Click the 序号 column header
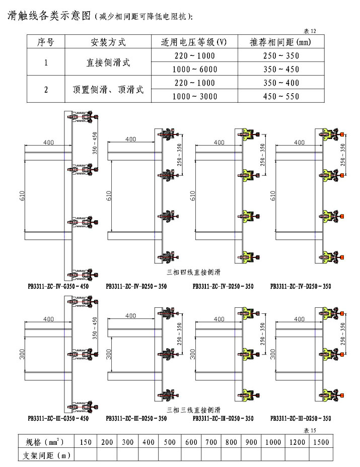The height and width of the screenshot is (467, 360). click(46, 42)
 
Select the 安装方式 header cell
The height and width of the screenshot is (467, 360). click(108, 42)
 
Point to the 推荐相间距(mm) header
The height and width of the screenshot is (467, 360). click(280, 42)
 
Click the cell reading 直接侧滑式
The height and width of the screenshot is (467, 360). click(108, 63)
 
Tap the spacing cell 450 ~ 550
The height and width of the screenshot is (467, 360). click(281, 97)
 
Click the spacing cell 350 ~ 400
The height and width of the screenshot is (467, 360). click(281, 83)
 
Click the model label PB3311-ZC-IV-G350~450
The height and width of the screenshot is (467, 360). click(59, 286)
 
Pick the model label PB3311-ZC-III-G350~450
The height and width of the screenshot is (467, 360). click(59, 418)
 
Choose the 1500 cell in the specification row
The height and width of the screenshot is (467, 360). click(320, 442)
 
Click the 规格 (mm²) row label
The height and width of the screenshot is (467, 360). click(45, 442)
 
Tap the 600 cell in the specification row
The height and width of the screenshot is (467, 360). click(191, 442)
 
